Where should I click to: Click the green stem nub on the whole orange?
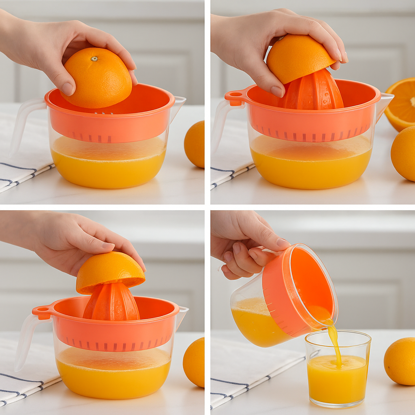94,59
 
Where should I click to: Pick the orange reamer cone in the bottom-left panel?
111,302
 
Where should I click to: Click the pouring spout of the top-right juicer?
385,101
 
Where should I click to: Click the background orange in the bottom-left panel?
195,362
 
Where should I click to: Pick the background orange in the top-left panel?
195,144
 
